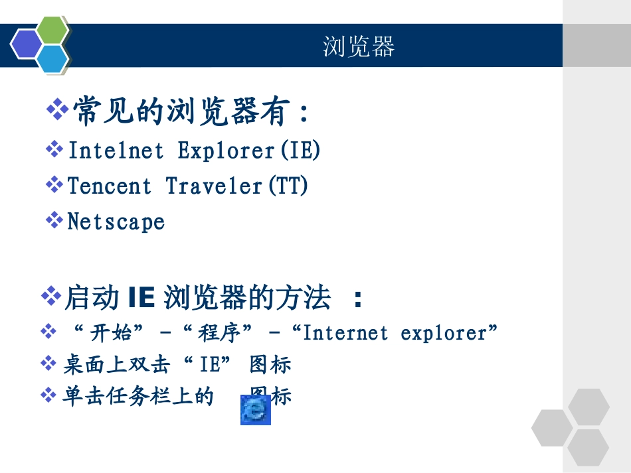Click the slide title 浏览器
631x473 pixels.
tap(359, 46)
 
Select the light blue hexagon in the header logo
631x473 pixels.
tap(52, 59)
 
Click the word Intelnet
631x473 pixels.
tap(116, 151)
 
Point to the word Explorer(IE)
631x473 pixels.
tap(249, 151)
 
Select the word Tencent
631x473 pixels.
tap(110, 186)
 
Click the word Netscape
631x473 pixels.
tap(116, 221)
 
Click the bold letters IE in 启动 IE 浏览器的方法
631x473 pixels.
tap(140, 299)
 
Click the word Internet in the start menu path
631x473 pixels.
tap(345, 332)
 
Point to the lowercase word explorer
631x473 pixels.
tap(444, 332)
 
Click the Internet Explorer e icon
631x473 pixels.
tap(256, 410)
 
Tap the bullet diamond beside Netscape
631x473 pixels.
tap(54, 220)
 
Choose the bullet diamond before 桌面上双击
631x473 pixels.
tap(48, 363)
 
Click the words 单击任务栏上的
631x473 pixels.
tap(138, 397)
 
